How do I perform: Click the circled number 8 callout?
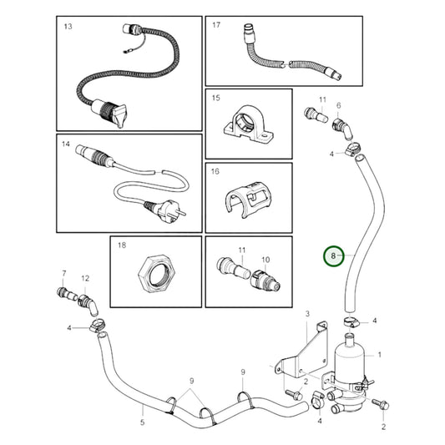coord(334,255)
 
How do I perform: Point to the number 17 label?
coord(216,26)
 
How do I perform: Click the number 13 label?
coord(68,27)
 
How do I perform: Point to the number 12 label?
coord(85,277)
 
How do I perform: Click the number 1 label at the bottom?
coord(383,426)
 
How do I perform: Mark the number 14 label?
coord(66,144)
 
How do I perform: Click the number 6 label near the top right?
coord(338,106)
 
